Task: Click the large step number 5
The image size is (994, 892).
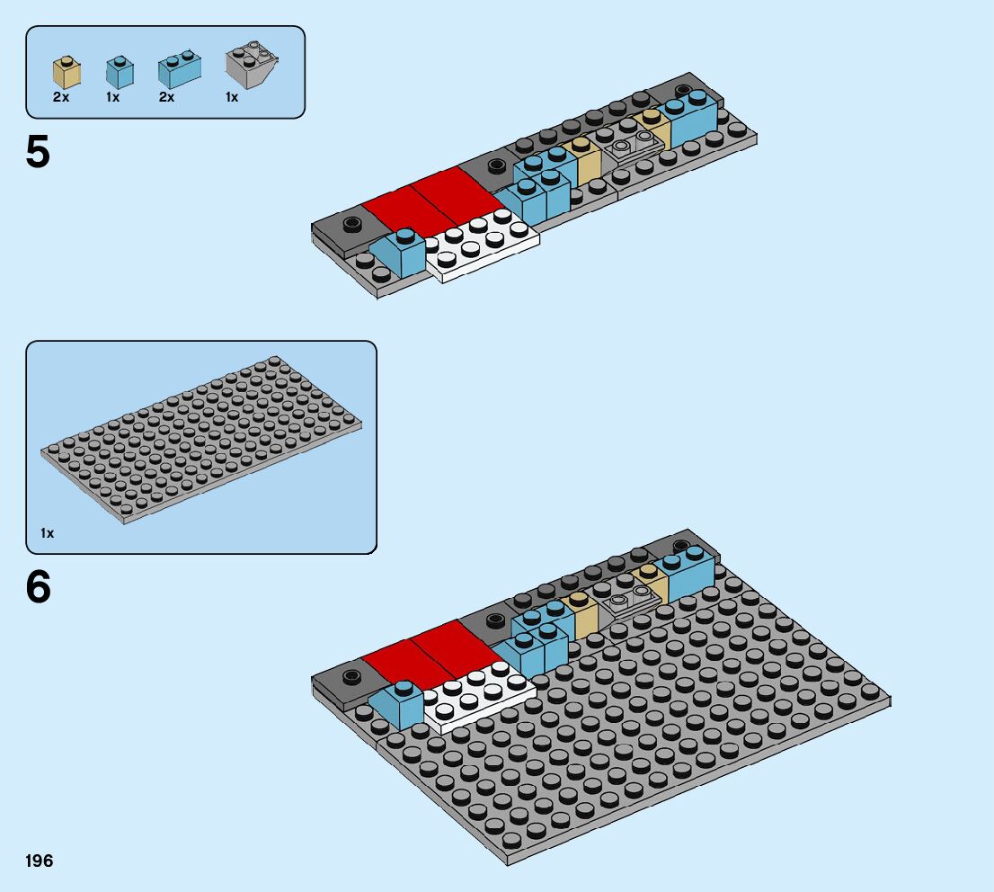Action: tap(38, 153)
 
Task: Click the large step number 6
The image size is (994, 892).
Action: tap(38, 588)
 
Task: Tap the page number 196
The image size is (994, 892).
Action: tap(40, 861)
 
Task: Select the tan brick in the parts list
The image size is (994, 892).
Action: tap(65, 72)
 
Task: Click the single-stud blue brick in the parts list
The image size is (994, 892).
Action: tap(119, 72)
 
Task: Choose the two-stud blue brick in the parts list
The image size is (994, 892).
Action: tap(179, 70)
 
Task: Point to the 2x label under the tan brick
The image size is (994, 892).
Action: tap(61, 97)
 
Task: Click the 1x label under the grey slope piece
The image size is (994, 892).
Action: tap(232, 97)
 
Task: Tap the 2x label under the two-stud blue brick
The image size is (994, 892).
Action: tap(166, 97)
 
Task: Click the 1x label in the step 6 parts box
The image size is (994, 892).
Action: tap(47, 533)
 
